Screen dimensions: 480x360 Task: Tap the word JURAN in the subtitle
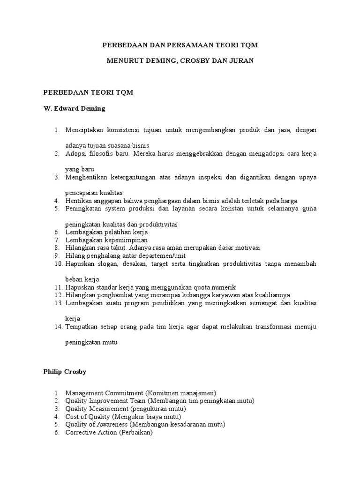242,61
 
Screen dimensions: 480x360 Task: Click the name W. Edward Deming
74,108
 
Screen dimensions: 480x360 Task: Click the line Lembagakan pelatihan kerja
106,232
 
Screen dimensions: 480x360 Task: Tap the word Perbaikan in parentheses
136,432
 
